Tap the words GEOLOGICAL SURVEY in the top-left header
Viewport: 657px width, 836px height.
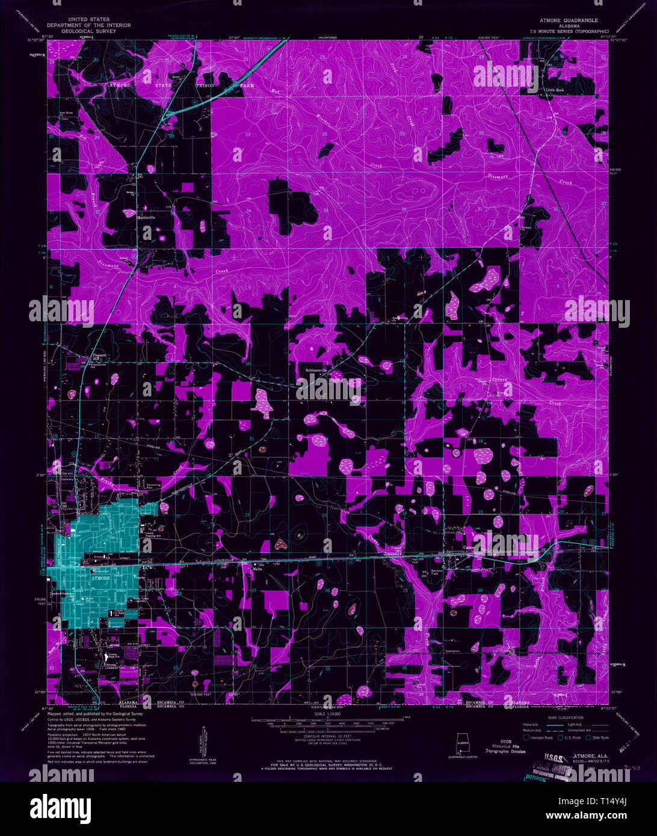click(x=88, y=31)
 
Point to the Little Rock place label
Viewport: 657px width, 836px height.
click(x=555, y=90)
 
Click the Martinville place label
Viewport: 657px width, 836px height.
click(x=146, y=217)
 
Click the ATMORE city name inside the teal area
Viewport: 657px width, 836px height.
click(x=100, y=578)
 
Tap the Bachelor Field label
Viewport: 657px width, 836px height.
click(x=438, y=573)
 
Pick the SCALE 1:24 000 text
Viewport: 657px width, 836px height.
click(x=327, y=714)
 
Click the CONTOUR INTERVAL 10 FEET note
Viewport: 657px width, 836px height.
click(x=327, y=736)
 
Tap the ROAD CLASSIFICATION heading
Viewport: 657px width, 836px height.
click(x=566, y=718)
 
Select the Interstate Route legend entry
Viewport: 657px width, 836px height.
click(x=540, y=737)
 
